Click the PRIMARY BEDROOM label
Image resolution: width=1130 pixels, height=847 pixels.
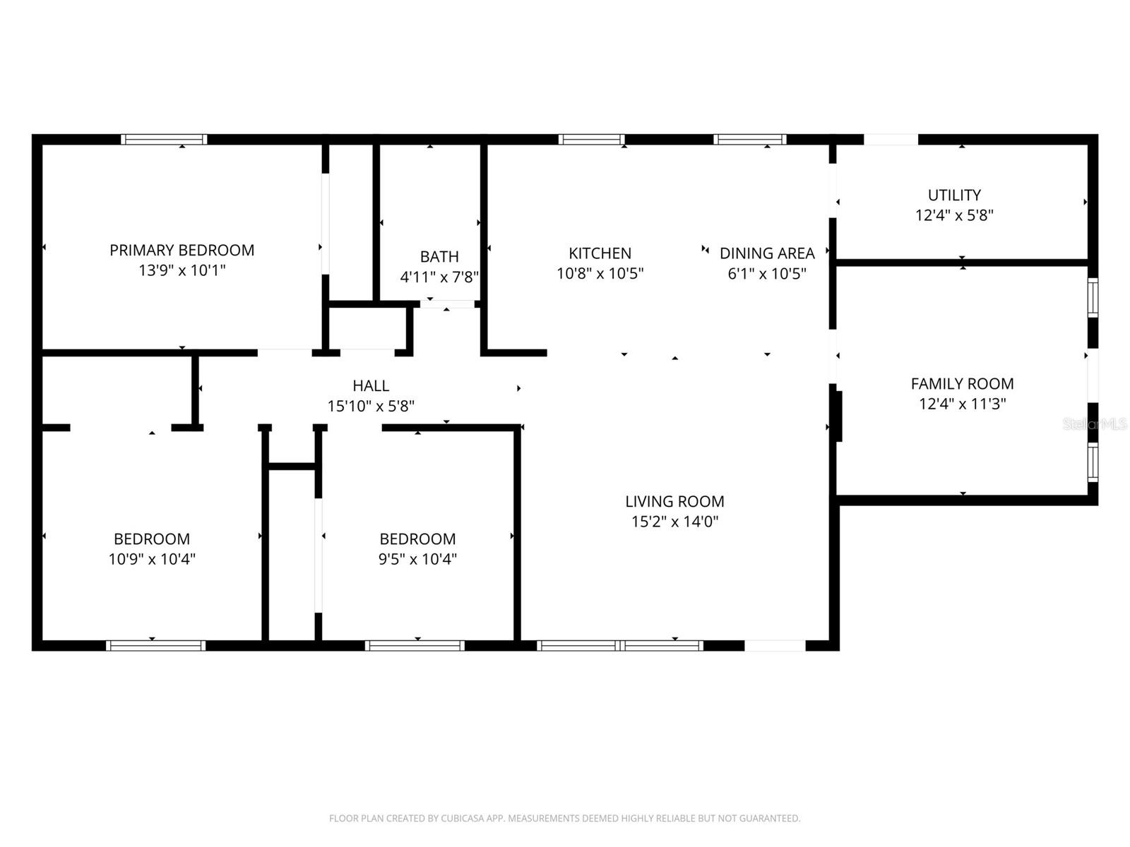tap(182, 250)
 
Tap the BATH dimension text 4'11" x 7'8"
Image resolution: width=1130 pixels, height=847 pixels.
tap(439, 277)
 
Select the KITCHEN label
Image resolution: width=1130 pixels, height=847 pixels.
tap(600, 253)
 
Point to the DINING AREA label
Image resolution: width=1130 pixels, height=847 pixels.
tap(767, 253)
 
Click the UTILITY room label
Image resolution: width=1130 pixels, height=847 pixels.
tap(954, 195)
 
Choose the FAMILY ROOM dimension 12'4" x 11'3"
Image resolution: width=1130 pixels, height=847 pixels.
tap(962, 404)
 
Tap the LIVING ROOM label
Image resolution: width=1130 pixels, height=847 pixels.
tap(674, 501)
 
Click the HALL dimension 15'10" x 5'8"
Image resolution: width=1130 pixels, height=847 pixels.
tap(371, 406)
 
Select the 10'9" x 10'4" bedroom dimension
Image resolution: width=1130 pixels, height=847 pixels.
tap(152, 559)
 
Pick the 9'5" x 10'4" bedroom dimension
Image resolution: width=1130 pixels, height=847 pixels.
tap(417, 559)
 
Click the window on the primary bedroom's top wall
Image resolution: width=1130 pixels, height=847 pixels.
tap(164, 139)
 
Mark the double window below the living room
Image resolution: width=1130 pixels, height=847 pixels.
tap(619, 645)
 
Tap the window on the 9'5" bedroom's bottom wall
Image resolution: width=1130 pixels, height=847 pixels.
tap(415, 645)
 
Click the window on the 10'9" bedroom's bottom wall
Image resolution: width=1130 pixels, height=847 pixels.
tap(155, 645)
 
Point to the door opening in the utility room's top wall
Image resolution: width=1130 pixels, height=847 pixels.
tap(891, 139)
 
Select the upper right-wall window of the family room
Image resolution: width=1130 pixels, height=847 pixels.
tap(1093, 296)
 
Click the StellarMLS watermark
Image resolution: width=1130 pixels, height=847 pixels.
tap(1095, 424)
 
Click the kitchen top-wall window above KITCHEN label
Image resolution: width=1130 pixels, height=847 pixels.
tap(591, 139)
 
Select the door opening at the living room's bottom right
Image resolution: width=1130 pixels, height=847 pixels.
tap(775, 645)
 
